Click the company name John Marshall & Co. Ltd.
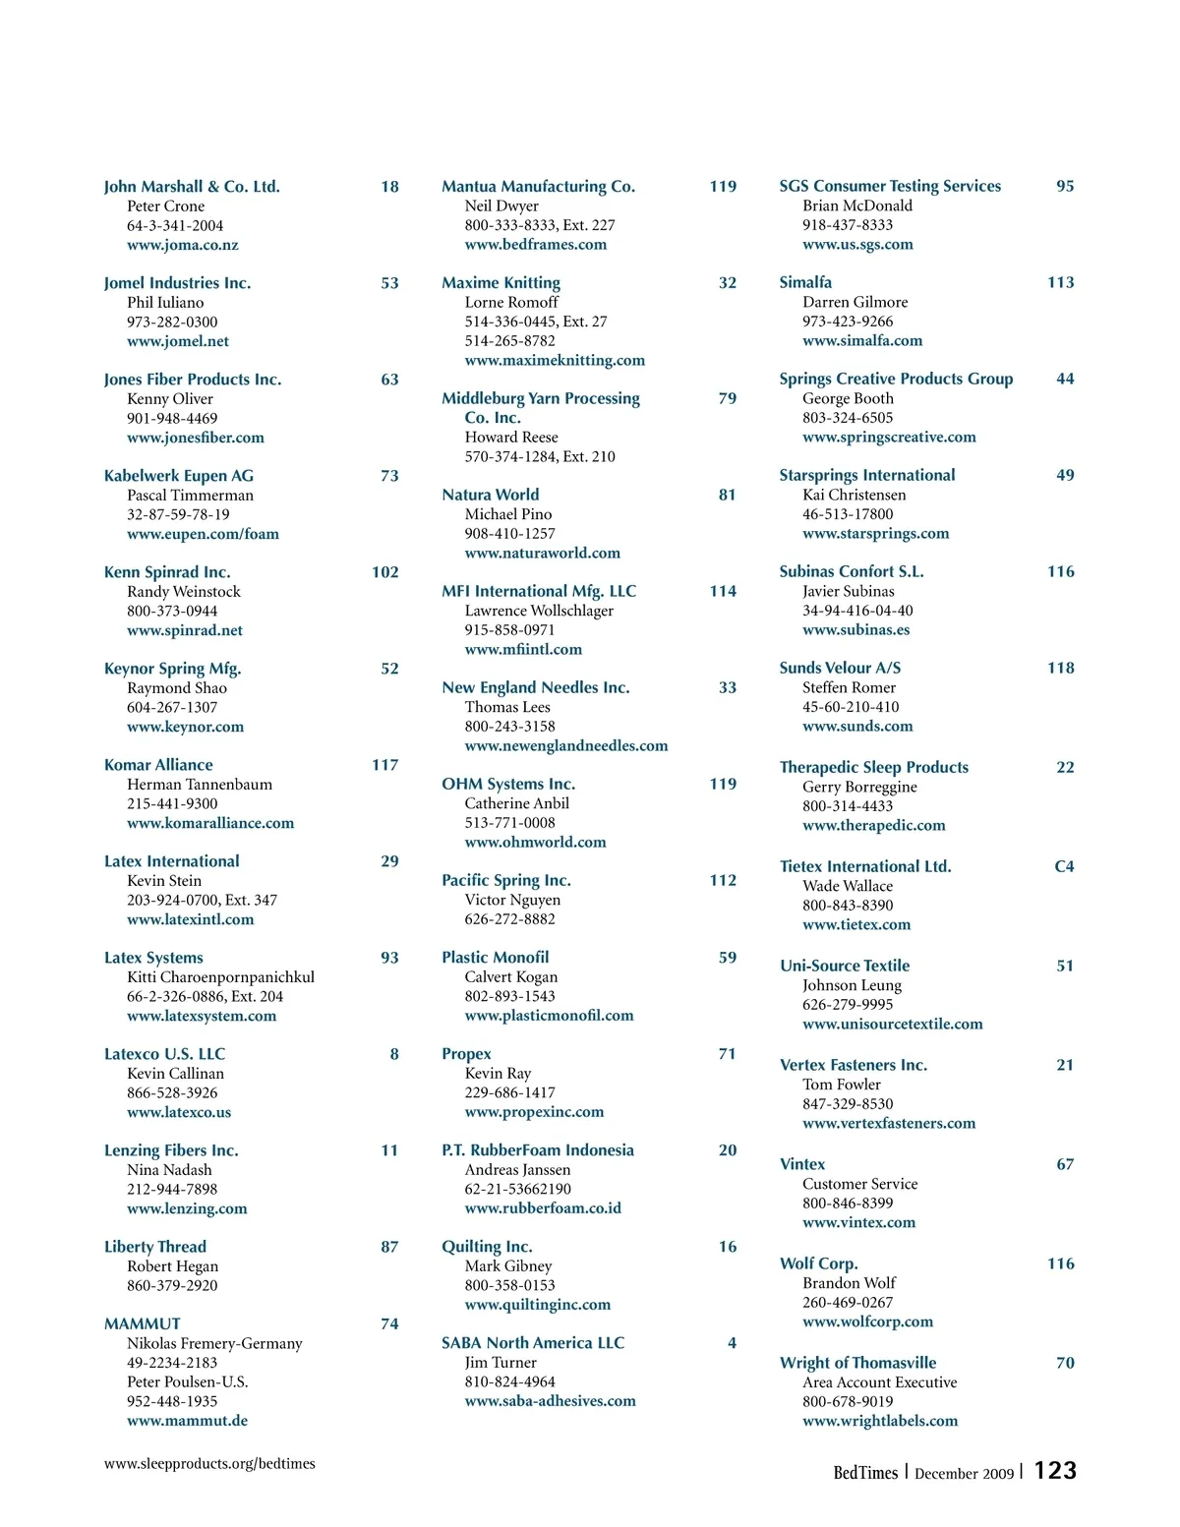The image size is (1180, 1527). [192, 187]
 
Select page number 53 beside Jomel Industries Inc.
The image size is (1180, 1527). [389, 283]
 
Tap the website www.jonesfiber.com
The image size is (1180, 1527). [195, 438]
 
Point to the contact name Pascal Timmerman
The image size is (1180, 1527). [190, 496]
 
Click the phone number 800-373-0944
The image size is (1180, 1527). [172, 611]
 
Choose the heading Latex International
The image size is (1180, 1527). [172, 861]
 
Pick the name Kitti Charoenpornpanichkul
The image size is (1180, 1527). [220, 977]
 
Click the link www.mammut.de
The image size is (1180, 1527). [187, 1421]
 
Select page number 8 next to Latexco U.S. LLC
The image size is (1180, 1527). [394, 1054]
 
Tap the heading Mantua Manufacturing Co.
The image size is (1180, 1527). [538, 187]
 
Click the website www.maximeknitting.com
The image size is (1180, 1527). [555, 361]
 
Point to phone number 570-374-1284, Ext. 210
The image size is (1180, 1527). [540, 456]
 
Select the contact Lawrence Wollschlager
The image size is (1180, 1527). [539, 611]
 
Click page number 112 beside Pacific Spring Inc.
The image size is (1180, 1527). [723, 880]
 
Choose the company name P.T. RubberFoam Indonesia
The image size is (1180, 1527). [538, 1150]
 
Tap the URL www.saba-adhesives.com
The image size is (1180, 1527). [550, 1401]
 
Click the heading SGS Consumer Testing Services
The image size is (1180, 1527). [890, 186]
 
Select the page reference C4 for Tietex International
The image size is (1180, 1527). [1064, 866]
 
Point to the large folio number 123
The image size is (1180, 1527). [1055, 1470]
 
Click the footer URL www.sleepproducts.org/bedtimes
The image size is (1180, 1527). [209, 1463]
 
